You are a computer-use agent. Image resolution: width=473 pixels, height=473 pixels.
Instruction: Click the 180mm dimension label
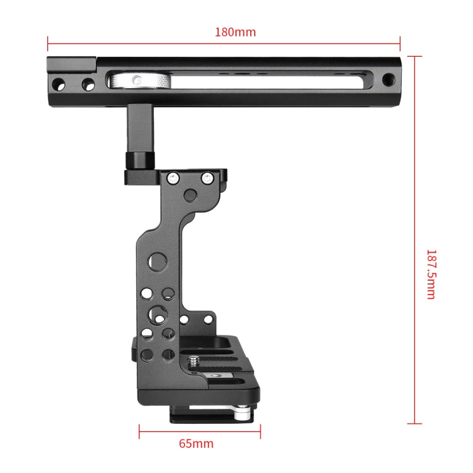point(236,32)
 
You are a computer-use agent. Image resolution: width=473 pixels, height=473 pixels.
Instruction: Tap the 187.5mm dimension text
point(431,274)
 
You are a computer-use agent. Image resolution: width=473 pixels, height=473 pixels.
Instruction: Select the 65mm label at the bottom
point(196,443)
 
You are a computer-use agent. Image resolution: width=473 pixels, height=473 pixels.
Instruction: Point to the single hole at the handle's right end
point(389,80)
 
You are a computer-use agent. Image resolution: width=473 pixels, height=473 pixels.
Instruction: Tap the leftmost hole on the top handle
point(59,83)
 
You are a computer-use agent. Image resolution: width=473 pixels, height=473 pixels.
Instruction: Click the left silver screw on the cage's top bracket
point(172,178)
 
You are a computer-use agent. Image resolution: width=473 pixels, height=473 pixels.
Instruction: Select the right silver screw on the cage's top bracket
point(207,178)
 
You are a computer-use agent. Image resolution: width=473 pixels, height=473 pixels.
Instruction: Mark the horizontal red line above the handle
point(224,44)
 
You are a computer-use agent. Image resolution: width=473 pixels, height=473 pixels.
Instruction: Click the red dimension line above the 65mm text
point(199,432)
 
